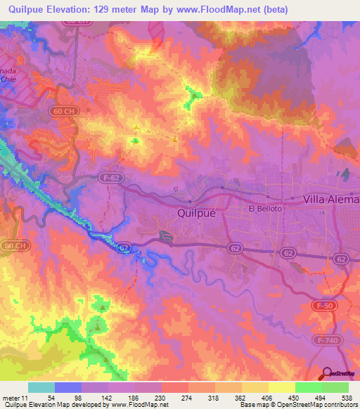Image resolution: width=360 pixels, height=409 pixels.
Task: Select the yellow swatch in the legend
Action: [x=281, y=387]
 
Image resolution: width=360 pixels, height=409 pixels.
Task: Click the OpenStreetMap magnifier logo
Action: [x=326, y=374]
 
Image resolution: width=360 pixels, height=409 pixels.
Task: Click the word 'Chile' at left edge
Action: [x=8, y=79]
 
